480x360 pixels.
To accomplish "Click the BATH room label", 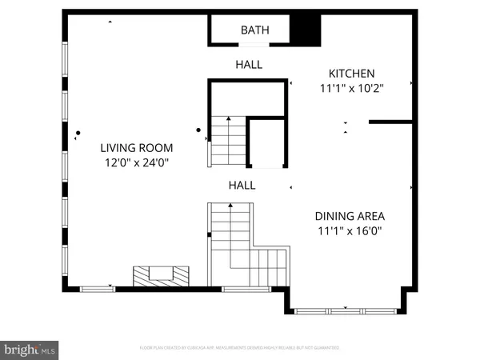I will (255, 30).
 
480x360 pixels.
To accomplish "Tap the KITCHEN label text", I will (351, 72).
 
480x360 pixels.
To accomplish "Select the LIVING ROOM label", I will (136, 148).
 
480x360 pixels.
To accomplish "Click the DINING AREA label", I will (350, 216).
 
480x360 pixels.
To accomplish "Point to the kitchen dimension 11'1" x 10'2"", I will (351, 89).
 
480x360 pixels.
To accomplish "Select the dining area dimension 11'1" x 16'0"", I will (350, 232).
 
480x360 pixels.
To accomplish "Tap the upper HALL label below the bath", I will (249, 64).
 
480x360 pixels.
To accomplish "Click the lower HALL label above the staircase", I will (242, 185).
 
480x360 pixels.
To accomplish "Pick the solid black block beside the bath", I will (304, 29).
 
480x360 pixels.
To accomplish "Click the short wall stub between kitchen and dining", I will (390, 122).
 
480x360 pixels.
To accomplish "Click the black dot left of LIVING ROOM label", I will (78, 133).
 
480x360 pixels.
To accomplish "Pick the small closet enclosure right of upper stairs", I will (267, 144).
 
